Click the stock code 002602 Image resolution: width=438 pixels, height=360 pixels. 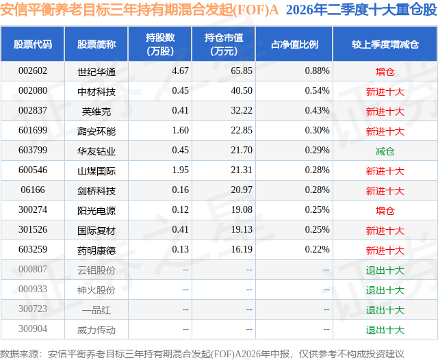click(33, 71)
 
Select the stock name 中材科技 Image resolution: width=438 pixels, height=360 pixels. click(96, 92)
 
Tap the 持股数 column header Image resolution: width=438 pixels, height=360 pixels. click(160, 44)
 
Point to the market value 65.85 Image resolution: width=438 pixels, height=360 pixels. click(242, 71)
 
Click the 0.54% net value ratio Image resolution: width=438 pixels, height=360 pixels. click(318, 91)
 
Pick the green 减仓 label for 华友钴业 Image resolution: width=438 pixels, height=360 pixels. click(385, 151)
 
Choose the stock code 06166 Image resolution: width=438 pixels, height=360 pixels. click(33, 190)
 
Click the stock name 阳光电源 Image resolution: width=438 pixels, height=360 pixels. click(96, 211)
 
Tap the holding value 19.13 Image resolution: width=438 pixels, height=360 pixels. click(242, 229)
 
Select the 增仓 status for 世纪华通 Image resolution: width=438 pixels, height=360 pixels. click(385, 72)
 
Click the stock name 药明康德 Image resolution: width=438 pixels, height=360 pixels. click(96, 250)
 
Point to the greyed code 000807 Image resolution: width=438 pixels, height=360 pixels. click(33, 269)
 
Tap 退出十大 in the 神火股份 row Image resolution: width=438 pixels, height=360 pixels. click(385, 290)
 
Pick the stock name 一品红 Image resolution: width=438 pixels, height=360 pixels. click(96, 310)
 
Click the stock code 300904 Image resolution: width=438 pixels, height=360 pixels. click(33, 329)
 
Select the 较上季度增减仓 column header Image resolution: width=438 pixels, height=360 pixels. click(385, 44)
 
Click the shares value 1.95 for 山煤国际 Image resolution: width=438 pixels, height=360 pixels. click(181, 170)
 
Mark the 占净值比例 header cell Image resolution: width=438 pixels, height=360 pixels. click(294, 44)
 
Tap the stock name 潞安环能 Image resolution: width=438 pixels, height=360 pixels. click(96, 131)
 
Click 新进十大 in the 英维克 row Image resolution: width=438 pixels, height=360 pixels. click(385, 112)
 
